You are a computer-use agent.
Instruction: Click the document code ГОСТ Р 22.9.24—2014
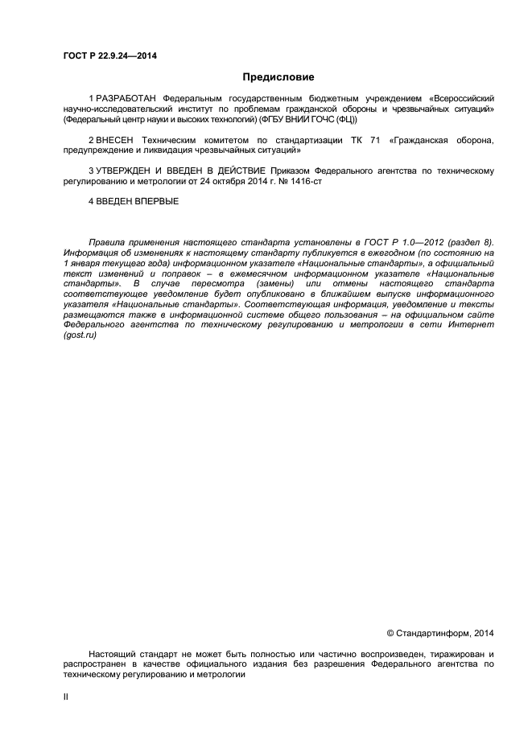109,55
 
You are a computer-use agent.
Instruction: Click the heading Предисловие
278,77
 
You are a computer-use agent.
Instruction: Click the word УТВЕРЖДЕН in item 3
126,171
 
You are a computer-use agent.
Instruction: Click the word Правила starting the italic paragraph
107,242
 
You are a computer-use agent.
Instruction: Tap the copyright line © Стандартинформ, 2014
440,633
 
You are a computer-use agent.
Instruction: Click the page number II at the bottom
66,697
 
